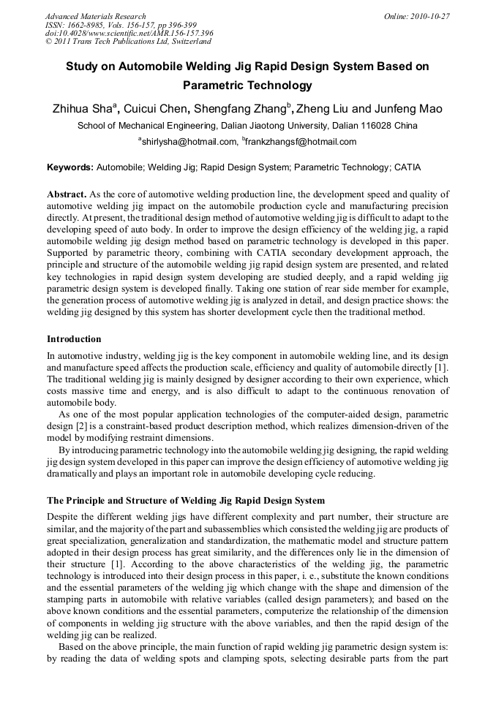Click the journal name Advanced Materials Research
[95, 16]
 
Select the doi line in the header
[129, 33]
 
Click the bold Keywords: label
[70, 167]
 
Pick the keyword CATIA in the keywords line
[407, 167]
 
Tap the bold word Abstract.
[67, 194]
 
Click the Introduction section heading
[74, 339]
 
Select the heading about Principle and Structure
[186, 501]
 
